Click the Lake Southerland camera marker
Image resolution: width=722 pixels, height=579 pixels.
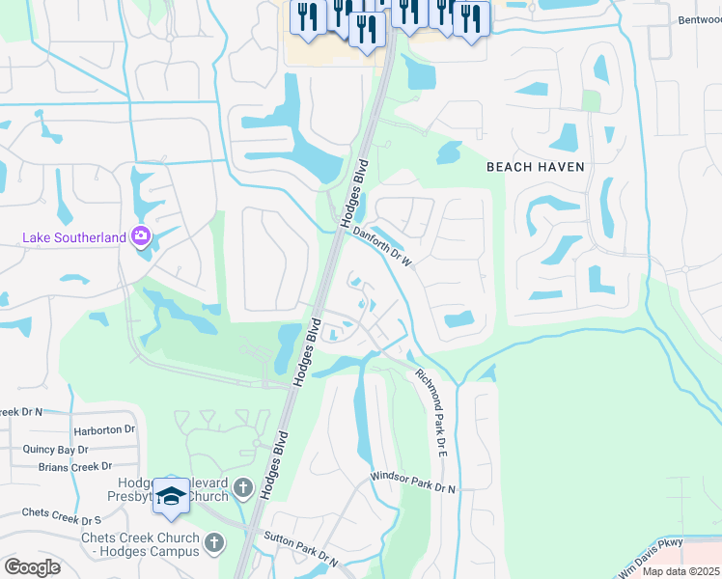(x=141, y=235)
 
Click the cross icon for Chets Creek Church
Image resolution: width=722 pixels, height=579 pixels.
(x=214, y=545)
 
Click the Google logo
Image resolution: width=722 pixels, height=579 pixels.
(x=32, y=567)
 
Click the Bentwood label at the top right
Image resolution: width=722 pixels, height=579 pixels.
(x=699, y=19)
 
